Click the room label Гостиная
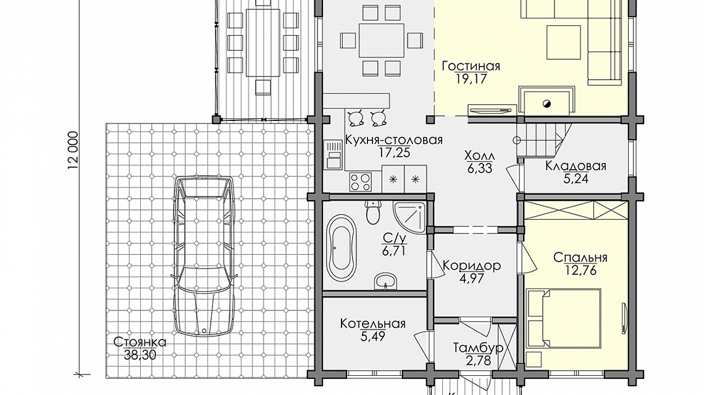click(471, 67)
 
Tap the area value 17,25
click(394, 152)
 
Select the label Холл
click(479, 156)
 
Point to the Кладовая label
click(576, 166)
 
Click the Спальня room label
click(580, 257)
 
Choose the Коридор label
click(472, 266)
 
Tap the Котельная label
click(372, 323)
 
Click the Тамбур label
click(478, 348)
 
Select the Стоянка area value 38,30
click(140, 355)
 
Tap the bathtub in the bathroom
click(341, 247)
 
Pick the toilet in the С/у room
click(373, 212)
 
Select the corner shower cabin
click(409, 218)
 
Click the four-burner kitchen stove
click(361, 182)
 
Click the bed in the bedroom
click(564, 318)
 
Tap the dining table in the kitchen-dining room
click(382, 40)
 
